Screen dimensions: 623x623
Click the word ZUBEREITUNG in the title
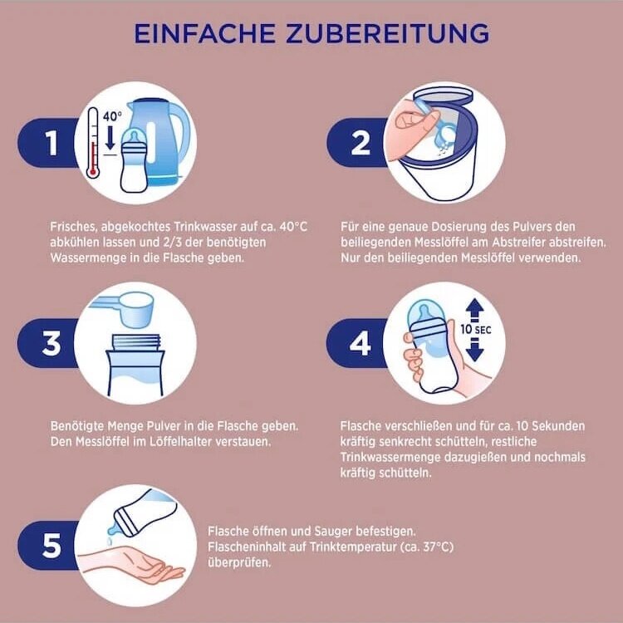coord(387,33)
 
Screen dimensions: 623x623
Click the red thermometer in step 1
coord(92,142)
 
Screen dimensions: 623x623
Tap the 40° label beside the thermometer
coord(112,116)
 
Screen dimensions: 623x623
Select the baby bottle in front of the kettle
coord(135,160)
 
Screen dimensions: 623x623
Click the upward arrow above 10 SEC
coord(475,310)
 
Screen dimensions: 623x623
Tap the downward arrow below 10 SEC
coord(475,349)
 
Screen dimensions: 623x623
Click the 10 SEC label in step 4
coord(476,330)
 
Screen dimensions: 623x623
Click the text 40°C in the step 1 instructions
coord(293,227)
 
